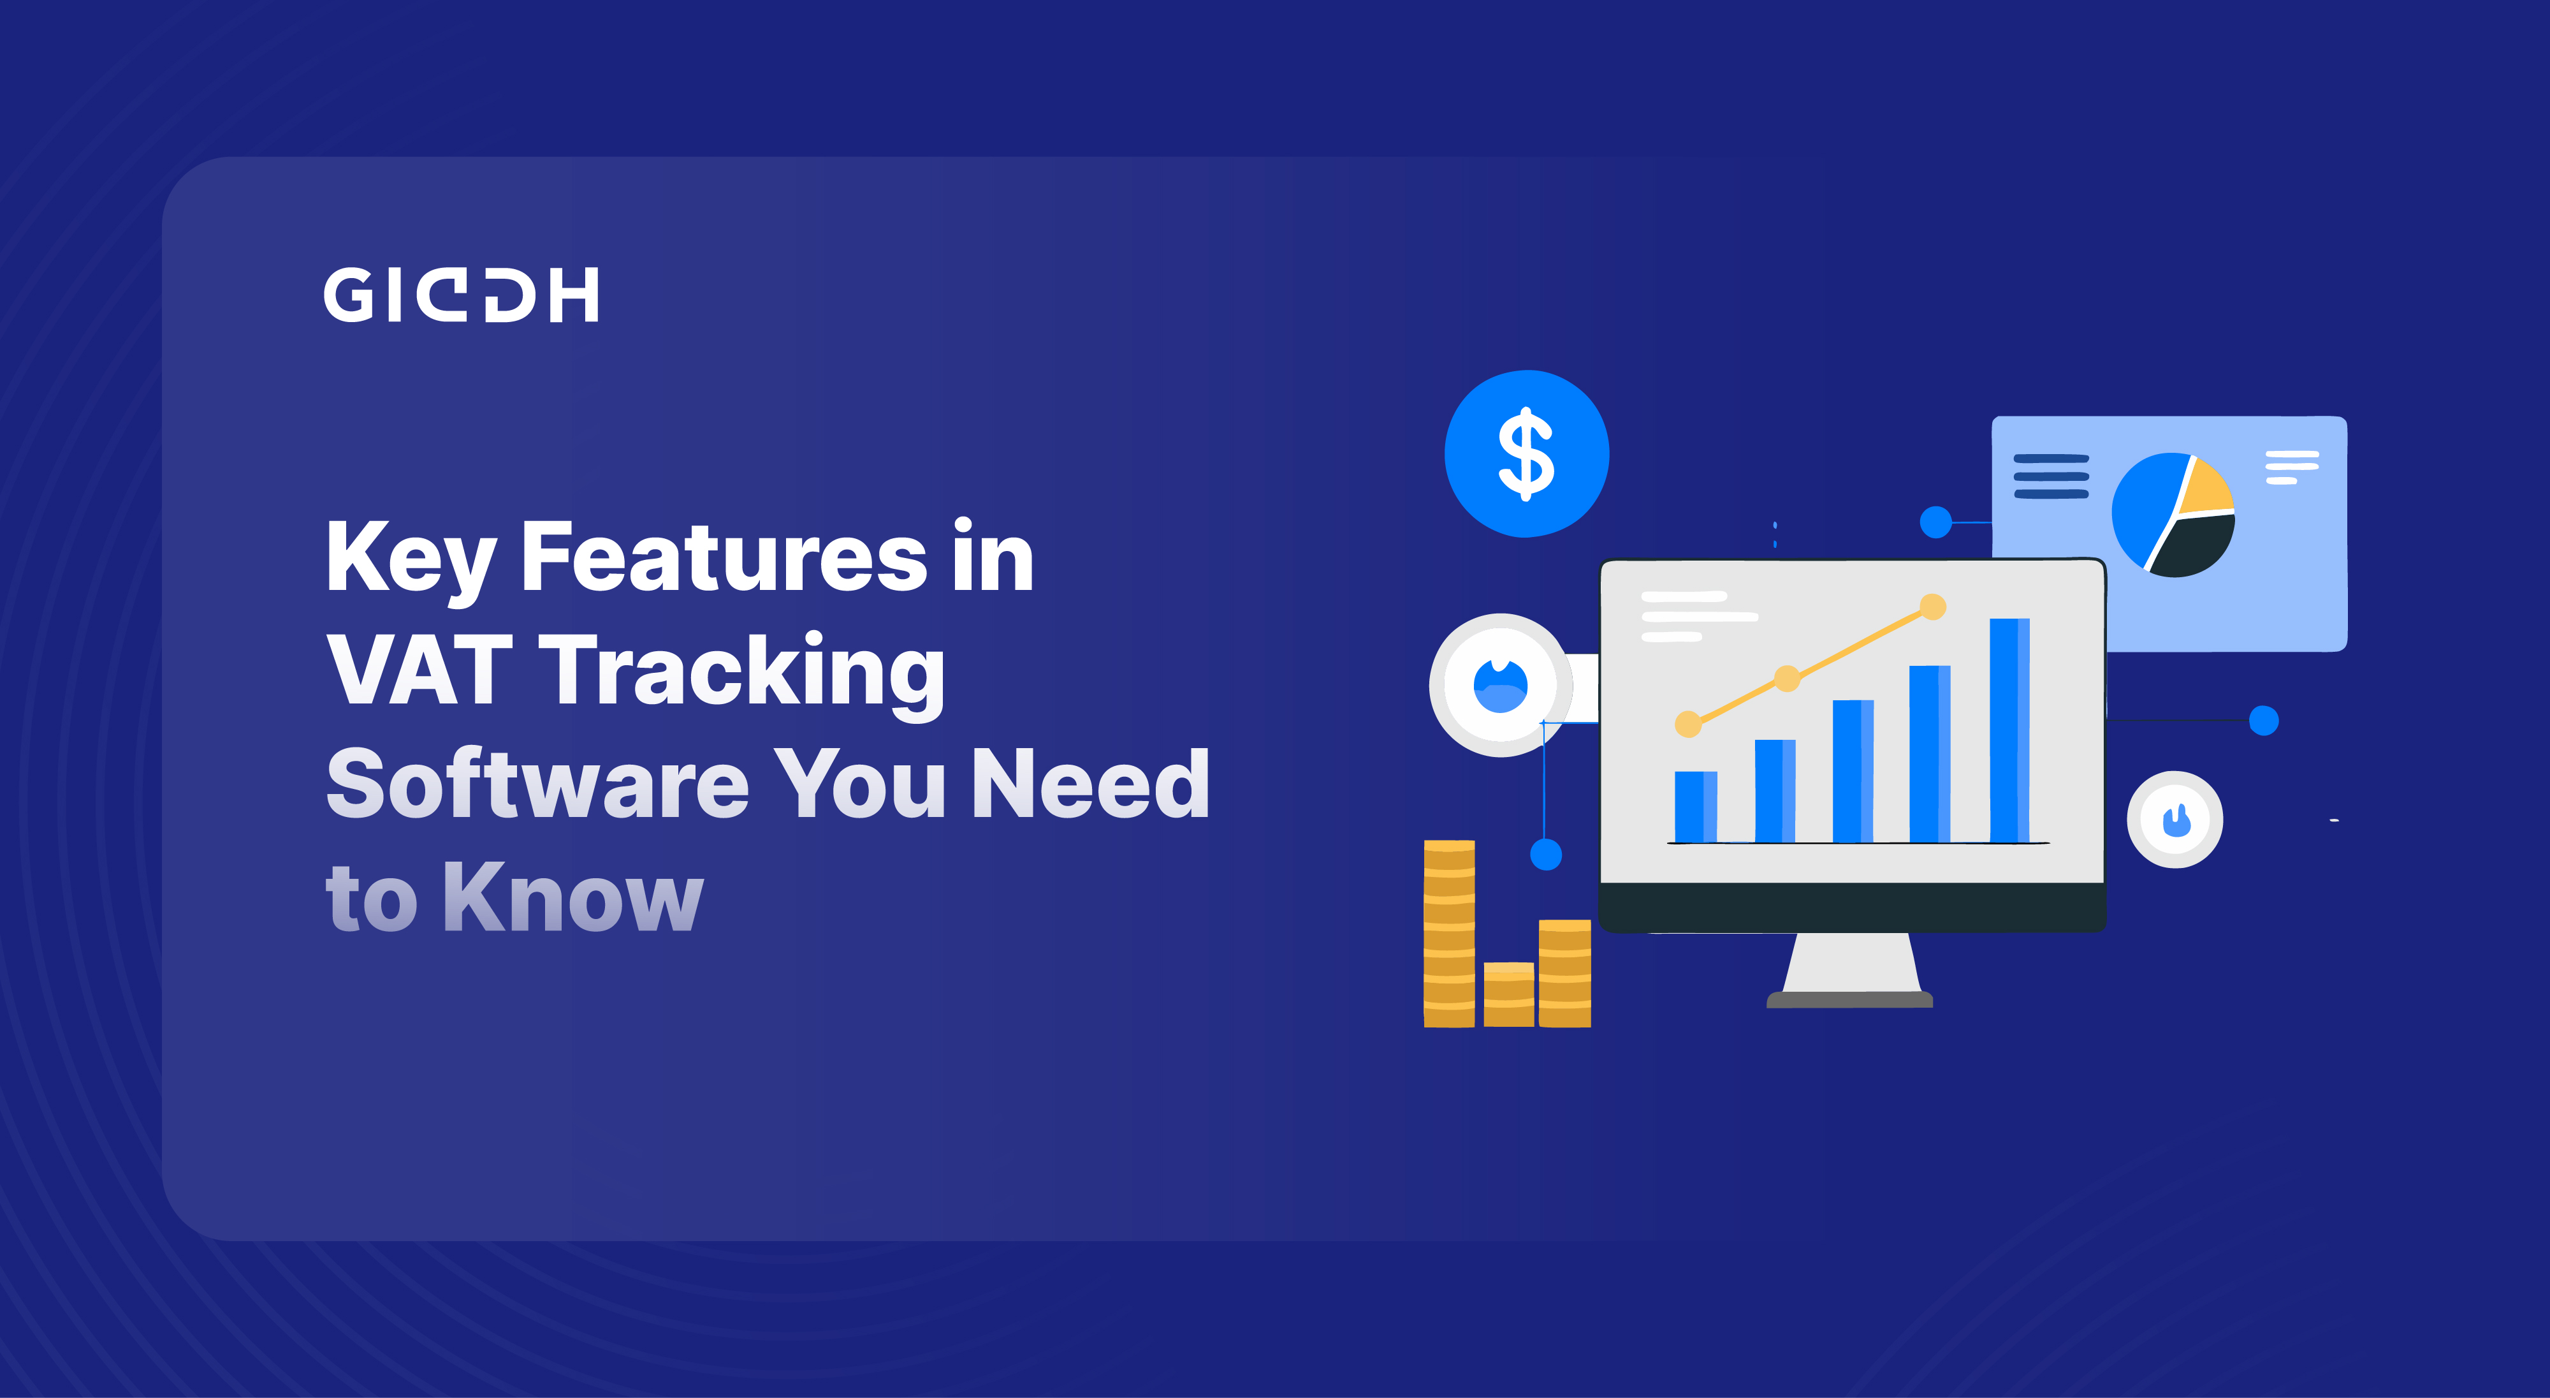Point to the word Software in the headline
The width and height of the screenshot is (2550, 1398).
pos(537,784)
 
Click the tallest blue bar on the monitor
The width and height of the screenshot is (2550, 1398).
pos(2009,731)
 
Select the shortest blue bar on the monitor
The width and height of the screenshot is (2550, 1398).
pos(1694,807)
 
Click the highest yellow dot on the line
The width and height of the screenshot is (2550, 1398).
pos(1932,606)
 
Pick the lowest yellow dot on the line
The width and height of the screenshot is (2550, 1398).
pos(1688,724)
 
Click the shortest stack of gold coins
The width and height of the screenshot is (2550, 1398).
pos(1508,994)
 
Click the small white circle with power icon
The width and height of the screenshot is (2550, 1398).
pos(2175,820)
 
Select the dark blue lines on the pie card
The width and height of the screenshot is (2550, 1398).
pos(2051,476)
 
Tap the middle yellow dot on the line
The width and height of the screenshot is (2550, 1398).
pos(1787,678)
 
